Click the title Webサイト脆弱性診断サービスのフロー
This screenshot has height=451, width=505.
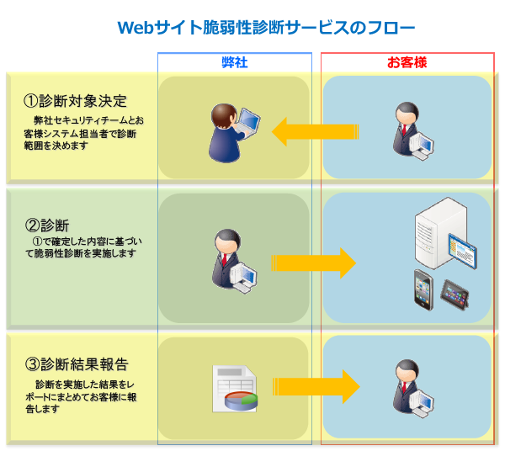tap(266, 28)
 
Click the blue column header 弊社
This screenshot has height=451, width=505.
tap(235, 62)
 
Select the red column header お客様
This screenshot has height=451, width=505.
tap(407, 62)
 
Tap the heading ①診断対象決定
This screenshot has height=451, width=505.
tap(76, 101)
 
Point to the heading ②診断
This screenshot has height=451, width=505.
tap(47, 225)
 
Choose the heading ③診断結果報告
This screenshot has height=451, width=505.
tap(77, 364)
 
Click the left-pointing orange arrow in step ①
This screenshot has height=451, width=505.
tap(316, 131)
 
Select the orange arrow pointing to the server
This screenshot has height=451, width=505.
tap(313, 263)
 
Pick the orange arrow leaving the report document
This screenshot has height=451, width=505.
tap(316, 386)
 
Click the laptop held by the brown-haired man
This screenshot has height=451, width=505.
tap(247, 124)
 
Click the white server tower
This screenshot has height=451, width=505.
tap(440, 233)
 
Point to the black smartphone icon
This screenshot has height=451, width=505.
tap(423, 290)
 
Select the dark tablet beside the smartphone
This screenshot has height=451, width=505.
tap(454, 294)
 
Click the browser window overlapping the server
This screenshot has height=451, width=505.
tap(462, 251)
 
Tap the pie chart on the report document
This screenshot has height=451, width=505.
tap(241, 401)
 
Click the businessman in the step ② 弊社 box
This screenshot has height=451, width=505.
tap(234, 261)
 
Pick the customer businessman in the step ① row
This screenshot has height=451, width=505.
tap(413, 131)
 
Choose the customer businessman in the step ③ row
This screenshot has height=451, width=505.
tap(413, 388)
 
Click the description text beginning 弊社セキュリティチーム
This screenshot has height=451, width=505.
tap(83, 133)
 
